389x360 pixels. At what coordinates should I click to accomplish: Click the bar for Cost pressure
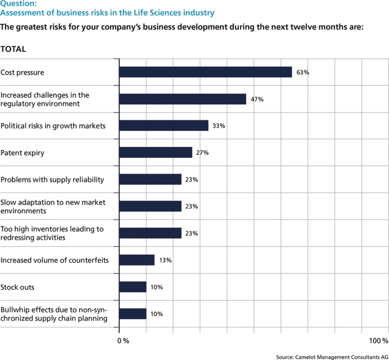(205, 72)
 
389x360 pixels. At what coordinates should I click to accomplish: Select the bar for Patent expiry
(156, 152)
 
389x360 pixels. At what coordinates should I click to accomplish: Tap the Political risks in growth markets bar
(164, 126)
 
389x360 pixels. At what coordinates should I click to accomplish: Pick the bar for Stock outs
(133, 287)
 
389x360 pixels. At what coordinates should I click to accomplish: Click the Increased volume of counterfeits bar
(137, 260)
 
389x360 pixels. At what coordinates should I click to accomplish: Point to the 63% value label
(302, 73)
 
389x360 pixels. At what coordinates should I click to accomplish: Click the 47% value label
(257, 99)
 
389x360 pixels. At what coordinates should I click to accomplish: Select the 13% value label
(165, 260)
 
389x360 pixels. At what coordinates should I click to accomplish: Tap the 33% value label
(219, 126)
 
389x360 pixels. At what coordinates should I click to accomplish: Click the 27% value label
(203, 152)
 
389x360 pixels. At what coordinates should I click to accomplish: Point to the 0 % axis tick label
(123, 341)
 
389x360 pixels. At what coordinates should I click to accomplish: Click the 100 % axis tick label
(379, 341)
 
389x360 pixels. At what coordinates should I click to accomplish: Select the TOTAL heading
(13, 50)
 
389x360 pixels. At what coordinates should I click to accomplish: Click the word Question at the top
(18, 4)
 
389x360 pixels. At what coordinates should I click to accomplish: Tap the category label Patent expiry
(22, 152)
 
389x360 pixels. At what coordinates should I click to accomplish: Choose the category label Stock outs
(17, 287)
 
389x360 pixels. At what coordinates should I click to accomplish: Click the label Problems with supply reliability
(52, 179)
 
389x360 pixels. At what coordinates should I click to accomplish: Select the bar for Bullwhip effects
(133, 313)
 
